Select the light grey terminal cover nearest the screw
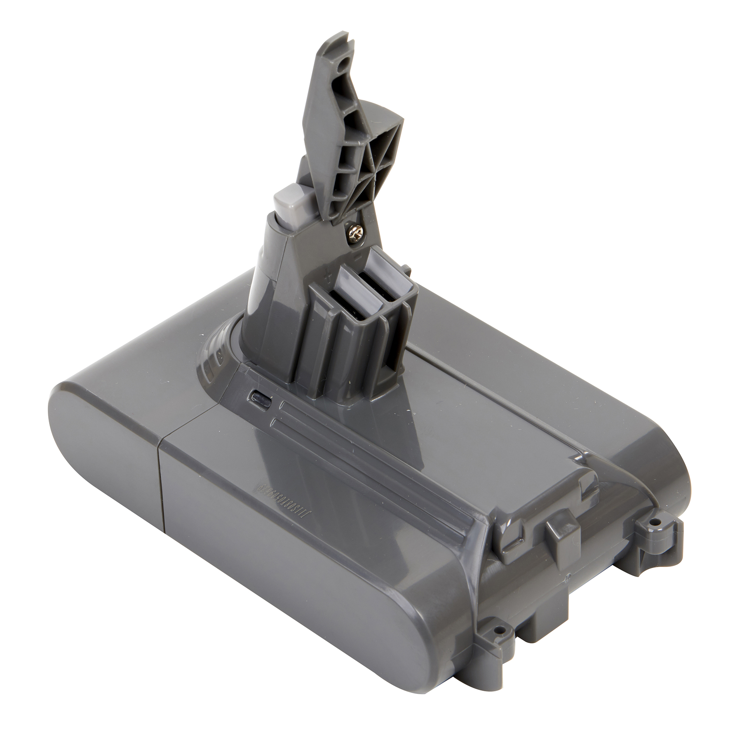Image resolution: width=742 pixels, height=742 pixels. tap(381, 261)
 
